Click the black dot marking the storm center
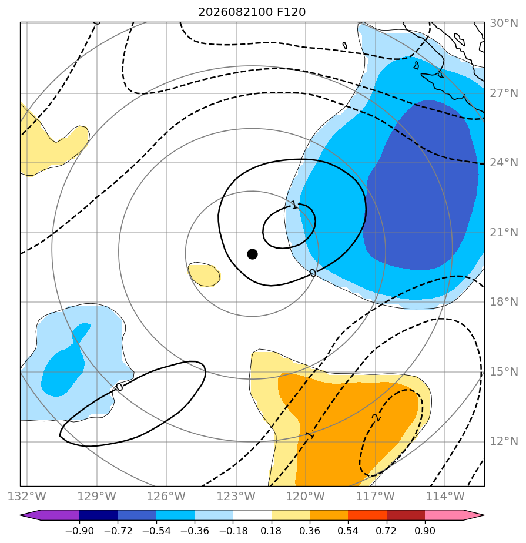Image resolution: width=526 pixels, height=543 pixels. coord(252,254)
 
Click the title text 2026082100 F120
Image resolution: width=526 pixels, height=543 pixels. coord(252,12)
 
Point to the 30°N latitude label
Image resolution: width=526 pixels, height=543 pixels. coord(504,23)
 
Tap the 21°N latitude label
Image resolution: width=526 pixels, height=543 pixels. coord(504,232)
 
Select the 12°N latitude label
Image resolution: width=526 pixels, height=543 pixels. coord(504,441)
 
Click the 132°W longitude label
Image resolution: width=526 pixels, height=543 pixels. coord(27,496)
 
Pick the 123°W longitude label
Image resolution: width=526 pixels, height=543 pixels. coord(236,496)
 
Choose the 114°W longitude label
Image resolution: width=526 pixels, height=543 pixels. coord(445,496)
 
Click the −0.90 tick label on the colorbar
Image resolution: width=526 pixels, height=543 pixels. coord(79,531)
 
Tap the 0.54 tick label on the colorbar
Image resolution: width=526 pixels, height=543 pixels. coord(348,531)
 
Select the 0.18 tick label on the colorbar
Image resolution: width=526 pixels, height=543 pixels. coord(271,531)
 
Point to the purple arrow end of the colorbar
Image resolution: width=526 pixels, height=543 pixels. coord(31,515)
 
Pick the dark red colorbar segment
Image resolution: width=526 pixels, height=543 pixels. coord(406,515)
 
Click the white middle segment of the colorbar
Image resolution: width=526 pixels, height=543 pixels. coord(252,515)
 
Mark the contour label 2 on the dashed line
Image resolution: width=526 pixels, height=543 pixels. coord(377,418)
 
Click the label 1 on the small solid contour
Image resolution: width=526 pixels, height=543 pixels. coord(294,205)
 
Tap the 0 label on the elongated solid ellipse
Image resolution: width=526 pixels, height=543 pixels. coord(119,387)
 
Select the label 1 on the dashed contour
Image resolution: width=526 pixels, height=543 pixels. coord(310,435)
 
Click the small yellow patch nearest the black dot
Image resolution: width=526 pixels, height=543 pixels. coord(204,274)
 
